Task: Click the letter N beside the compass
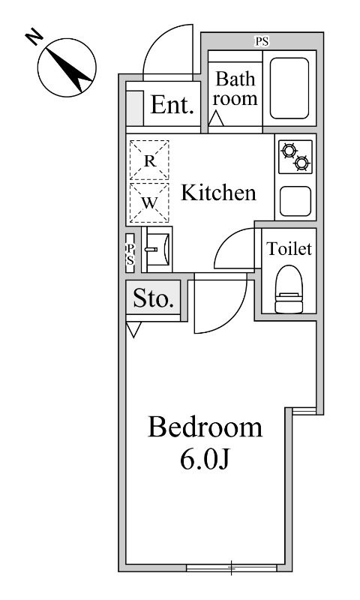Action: point(34,38)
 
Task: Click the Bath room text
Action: point(235,88)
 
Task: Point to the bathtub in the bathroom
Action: point(289,88)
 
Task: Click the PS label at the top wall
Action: point(262,41)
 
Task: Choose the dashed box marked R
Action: point(149,160)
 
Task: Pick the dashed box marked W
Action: point(149,202)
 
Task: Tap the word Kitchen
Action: point(218,193)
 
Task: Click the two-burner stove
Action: point(295,157)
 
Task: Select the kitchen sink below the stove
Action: point(295,201)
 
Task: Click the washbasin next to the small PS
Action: point(157,249)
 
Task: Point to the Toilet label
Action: point(289,249)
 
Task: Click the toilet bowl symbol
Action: point(289,289)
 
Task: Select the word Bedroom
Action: point(205,427)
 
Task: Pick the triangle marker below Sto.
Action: point(133,329)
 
